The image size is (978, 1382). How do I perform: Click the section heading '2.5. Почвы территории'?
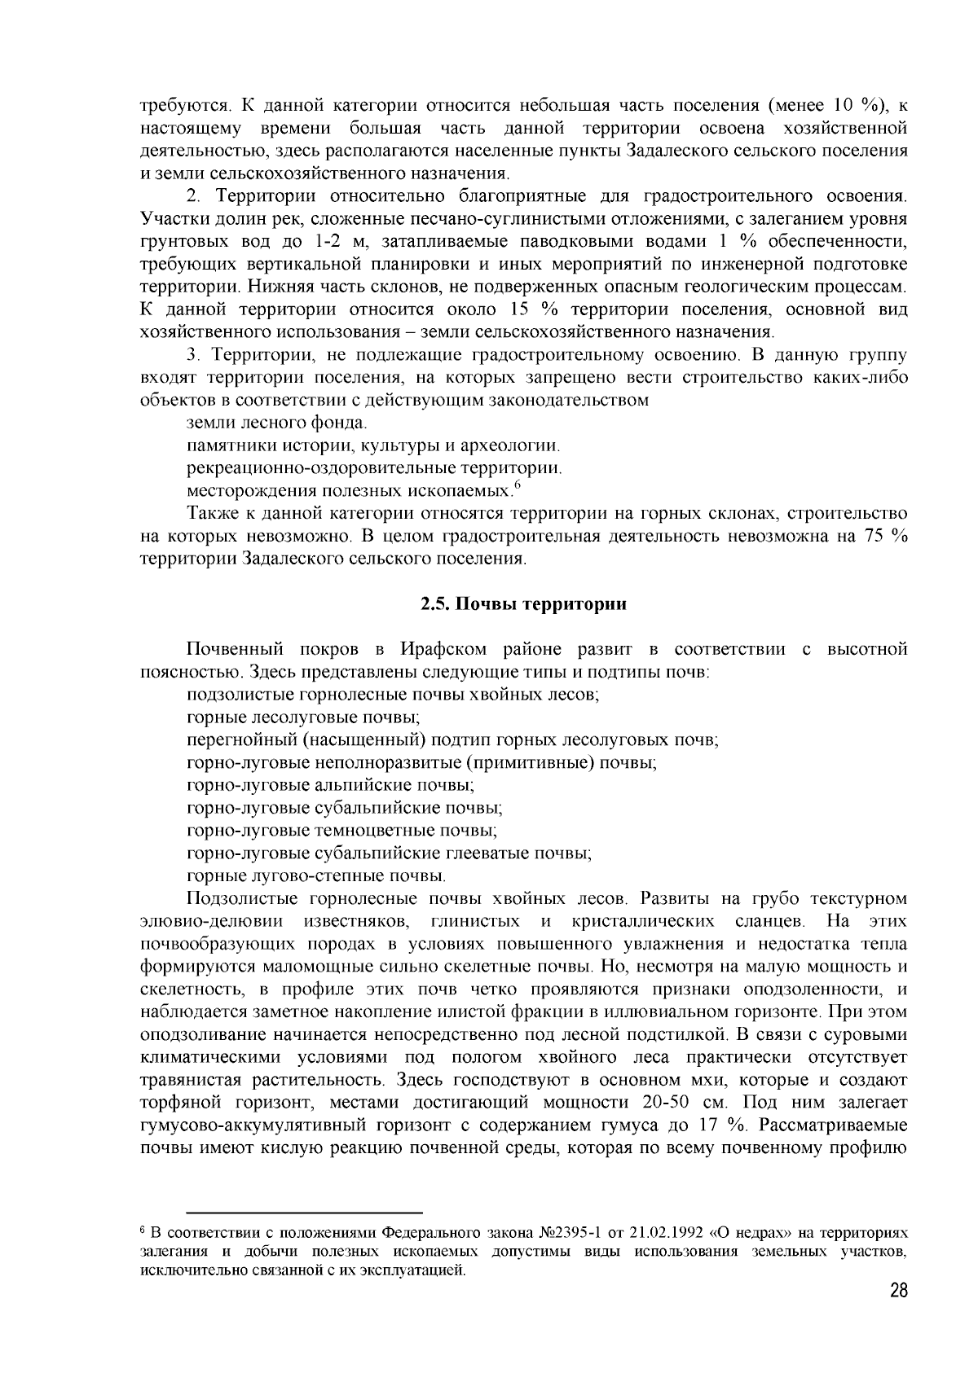pos(522,604)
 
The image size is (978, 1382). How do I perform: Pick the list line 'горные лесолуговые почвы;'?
pos(303,717)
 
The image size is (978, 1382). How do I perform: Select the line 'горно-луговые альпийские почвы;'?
pos(330,786)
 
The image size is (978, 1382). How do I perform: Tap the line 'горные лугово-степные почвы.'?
pos(316,876)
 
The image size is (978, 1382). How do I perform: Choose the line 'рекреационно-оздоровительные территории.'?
pos(374,468)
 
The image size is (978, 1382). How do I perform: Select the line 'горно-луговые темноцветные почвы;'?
pos(341,831)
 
